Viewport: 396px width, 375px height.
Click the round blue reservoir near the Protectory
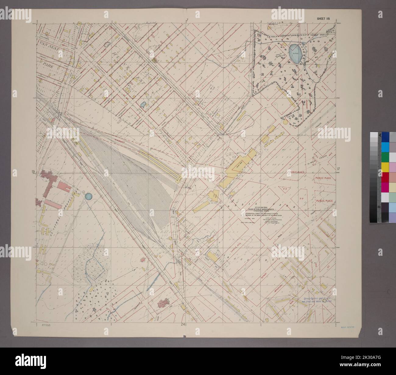click(x=88, y=197)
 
